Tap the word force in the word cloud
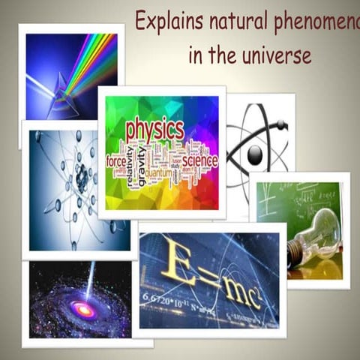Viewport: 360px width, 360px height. (116, 160)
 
